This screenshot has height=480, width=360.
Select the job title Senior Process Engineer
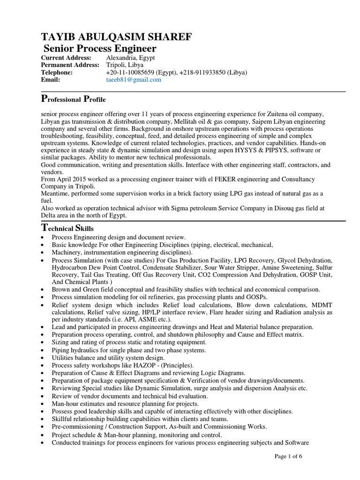tap(100, 49)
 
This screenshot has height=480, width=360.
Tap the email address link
tap(134, 80)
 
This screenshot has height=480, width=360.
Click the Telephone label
tap(57, 72)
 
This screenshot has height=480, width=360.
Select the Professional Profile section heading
tap(74, 99)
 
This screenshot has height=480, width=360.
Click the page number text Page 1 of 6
tap(288, 458)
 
